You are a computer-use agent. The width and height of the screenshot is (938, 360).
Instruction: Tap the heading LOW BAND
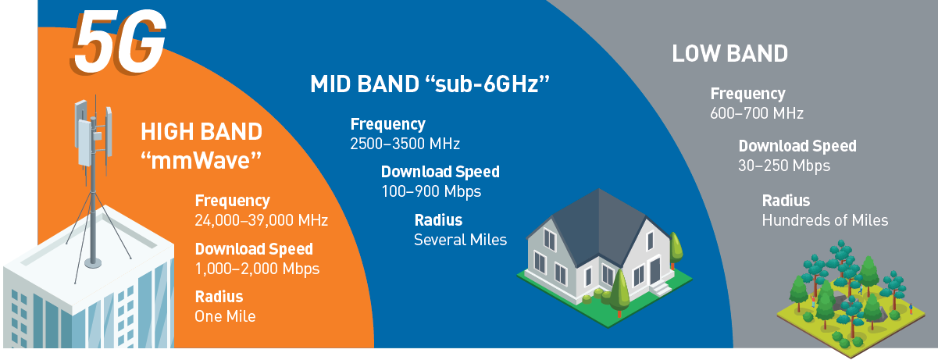click(x=730, y=54)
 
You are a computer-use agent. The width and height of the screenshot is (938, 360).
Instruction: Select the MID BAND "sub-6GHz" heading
click(x=430, y=84)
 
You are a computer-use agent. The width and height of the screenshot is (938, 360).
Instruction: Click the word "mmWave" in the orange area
click(x=201, y=161)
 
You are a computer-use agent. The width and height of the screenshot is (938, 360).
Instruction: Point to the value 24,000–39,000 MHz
click(x=262, y=220)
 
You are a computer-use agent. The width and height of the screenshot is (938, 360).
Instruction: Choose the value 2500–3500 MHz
click(x=405, y=144)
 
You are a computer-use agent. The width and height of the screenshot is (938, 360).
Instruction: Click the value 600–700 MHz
click(x=757, y=113)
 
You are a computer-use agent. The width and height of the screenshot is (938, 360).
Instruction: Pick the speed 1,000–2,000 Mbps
click(x=257, y=269)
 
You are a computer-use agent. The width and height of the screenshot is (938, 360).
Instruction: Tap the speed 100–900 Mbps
click(x=431, y=192)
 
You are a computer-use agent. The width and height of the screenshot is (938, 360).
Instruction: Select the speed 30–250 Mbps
click(x=784, y=166)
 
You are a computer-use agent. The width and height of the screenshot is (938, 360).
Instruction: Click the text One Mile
click(x=225, y=316)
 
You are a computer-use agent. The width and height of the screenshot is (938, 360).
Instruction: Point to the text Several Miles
click(x=460, y=240)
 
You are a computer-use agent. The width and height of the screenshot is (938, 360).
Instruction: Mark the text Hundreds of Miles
click(x=825, y=220)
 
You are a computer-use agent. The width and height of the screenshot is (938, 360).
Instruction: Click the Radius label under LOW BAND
click(x=786, y=201)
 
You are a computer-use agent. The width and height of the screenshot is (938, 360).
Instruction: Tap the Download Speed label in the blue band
click(x=440, y=172)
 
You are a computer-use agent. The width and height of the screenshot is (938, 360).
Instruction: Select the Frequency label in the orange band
click(x=233, y=201)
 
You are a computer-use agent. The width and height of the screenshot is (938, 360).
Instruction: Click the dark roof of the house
click(x=600, y=226)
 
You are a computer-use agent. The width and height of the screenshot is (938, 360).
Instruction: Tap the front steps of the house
click(x=661, y=288)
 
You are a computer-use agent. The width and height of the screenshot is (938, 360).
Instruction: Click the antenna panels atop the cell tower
click(x=93, y=132)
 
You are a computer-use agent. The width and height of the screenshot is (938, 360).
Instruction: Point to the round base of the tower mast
click(x=93, y=263)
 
